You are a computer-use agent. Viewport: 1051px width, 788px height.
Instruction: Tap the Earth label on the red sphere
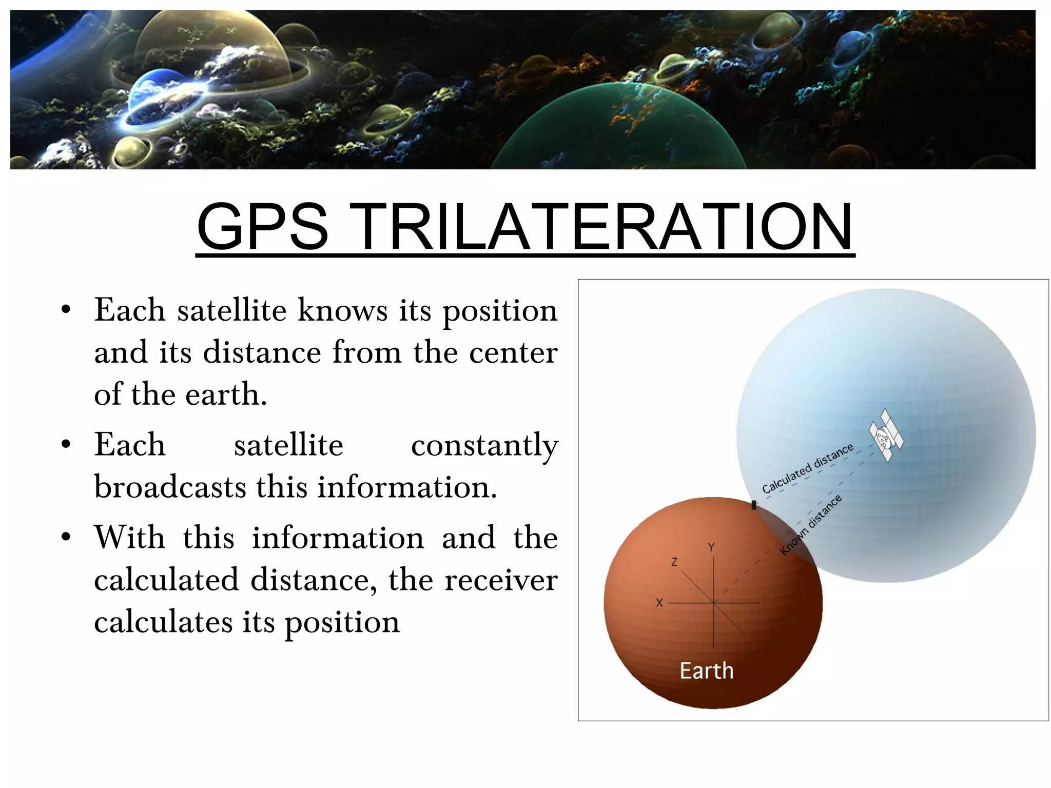point(706,671)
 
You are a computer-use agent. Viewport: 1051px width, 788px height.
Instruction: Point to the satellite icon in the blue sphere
point(886,435)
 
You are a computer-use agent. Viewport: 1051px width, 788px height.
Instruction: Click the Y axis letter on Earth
point(711,547)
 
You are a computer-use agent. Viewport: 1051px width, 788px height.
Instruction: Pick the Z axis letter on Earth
point(674,562)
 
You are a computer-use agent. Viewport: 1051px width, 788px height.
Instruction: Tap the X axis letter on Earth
point(659,603)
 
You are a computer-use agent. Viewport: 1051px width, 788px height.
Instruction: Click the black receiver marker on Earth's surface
point(754,505)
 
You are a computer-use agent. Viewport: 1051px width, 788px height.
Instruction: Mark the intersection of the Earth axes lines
point(714,603)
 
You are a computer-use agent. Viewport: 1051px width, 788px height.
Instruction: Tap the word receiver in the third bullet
point(500,580)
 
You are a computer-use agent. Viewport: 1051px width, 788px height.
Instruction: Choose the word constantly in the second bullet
point(484,445)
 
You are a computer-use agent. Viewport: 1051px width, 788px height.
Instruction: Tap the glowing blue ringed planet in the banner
point(159,95)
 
